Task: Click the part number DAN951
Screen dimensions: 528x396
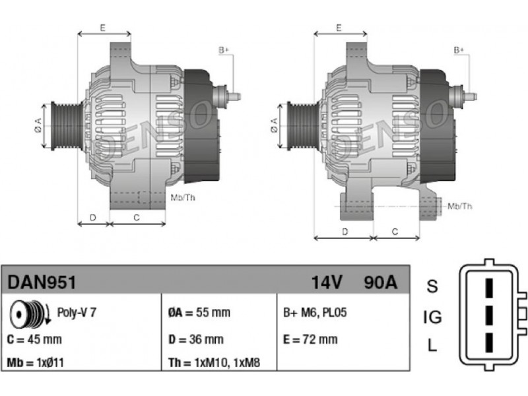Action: coord(42,282)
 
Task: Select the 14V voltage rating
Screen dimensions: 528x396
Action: coord(326,282)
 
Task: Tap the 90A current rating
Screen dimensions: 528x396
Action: coord(381,282)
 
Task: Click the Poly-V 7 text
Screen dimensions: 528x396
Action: coord(77,312)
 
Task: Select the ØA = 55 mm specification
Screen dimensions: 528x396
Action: coord(199,312)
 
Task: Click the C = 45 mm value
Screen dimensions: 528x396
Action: coord(34,339)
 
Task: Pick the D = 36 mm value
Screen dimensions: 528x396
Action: coord(195,339)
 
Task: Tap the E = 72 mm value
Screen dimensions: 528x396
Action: coord(310,339)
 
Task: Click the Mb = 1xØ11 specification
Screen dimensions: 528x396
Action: coord(36,362)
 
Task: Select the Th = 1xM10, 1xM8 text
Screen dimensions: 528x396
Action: coord(214,362)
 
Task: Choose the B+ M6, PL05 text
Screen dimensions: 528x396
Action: coord(315,312)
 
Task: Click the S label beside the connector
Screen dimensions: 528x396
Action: coord(432,286)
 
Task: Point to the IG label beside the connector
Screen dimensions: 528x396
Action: coord(432,317)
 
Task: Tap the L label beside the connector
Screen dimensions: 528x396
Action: coord(432,345)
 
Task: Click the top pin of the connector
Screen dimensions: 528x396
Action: coord(489,287)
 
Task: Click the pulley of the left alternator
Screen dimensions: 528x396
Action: coord(67,126)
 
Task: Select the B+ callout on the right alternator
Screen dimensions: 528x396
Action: coord(459,50)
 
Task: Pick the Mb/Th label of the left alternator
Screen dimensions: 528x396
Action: coord(183,197)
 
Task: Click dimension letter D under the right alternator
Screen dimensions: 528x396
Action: coord(345,232)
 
